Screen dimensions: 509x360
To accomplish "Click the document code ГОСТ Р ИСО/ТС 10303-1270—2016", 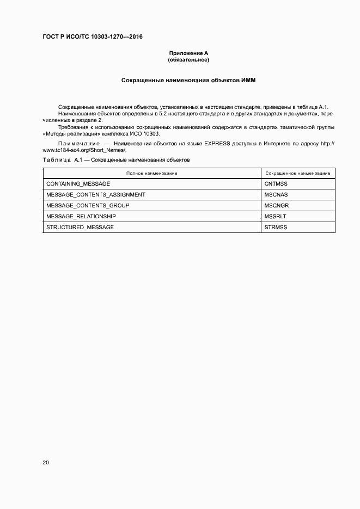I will pos(93,37).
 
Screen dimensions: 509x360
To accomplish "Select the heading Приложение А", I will pos(188,53).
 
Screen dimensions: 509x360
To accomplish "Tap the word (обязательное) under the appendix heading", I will pos(188,59).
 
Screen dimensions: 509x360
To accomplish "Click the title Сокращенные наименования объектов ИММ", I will pos(188,80).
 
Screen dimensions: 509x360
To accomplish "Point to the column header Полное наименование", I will pos(152,173).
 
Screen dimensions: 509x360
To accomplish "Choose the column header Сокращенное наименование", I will pos(298,173).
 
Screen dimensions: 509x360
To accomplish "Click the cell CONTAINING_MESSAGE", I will pos(78,184).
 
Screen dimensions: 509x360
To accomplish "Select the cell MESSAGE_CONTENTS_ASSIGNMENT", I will pos(96,194).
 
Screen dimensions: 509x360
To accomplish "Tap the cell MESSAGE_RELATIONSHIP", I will pos(81,216).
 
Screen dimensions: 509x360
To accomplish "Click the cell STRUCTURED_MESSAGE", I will pos(80,227).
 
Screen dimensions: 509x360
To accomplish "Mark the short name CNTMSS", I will pos(276,184).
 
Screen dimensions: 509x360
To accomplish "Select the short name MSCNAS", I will pos(276,194).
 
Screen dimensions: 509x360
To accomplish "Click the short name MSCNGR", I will pos(276,205).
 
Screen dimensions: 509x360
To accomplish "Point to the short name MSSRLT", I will pos(275,216).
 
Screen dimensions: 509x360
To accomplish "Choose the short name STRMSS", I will pos(276,227).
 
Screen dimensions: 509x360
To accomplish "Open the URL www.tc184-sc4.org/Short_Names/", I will pos(84,150).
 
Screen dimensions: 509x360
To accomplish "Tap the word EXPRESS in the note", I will pos(217,144).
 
